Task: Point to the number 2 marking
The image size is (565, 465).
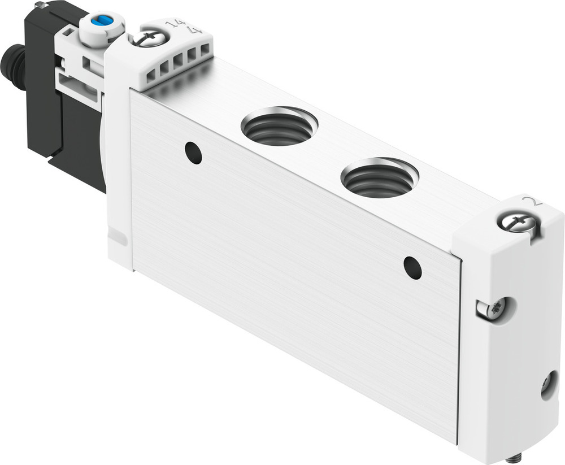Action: (x=530, y=201)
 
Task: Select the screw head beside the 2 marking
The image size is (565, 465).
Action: (x=516, y=222)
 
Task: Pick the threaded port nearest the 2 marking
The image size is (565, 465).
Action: (x=379, y=177)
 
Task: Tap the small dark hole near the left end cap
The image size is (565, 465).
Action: (x=193, y=153)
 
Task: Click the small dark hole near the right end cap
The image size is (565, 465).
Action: (x=412, y=267)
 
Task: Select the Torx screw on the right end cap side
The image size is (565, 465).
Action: (x=493, y=309)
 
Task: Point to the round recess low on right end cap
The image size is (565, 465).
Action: (x=548, y=385)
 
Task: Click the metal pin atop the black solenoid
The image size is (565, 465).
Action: (x=40, y=5)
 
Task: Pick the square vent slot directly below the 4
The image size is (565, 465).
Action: (x=193, y=54)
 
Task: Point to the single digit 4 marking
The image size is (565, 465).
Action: (x=197, y=29)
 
